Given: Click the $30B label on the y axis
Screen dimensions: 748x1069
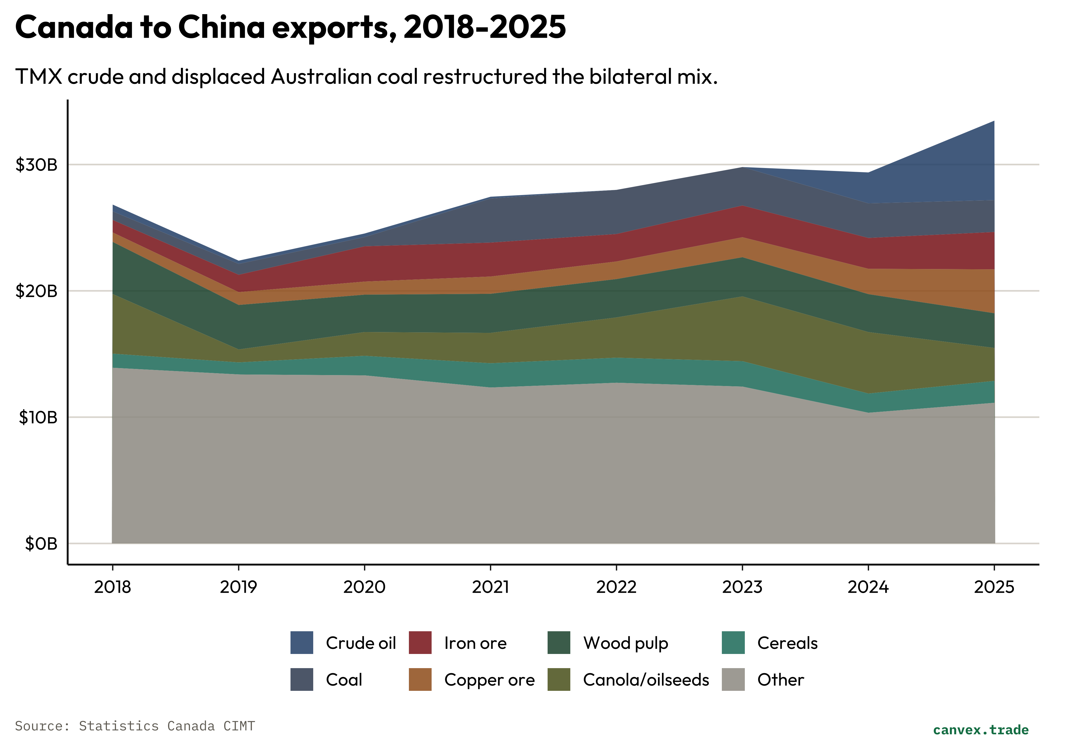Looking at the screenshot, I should (x=36, y=165).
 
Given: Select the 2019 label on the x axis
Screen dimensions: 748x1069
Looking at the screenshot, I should (x=238, y=587).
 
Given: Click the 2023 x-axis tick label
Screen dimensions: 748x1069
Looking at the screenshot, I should (x=742, y=587).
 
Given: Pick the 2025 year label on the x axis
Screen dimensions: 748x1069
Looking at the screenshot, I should (x=994, y=587).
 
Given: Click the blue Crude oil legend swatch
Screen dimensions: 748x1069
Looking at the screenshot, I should (x=302, y=643).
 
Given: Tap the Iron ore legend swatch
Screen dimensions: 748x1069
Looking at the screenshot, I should (x=420, y=643).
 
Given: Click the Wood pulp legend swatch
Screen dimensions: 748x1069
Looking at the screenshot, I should (x=559, y=643).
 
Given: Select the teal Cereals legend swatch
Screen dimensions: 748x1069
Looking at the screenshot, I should (x=733, y=643).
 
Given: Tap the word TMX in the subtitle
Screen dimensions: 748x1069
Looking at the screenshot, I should (x=39, y=77).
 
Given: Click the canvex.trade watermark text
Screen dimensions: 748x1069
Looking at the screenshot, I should (x=981, y=730).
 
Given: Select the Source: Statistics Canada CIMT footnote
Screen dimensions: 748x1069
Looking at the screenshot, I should (x=135, y=726).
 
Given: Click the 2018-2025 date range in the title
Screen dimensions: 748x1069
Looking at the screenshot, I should (x=484, y=27).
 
